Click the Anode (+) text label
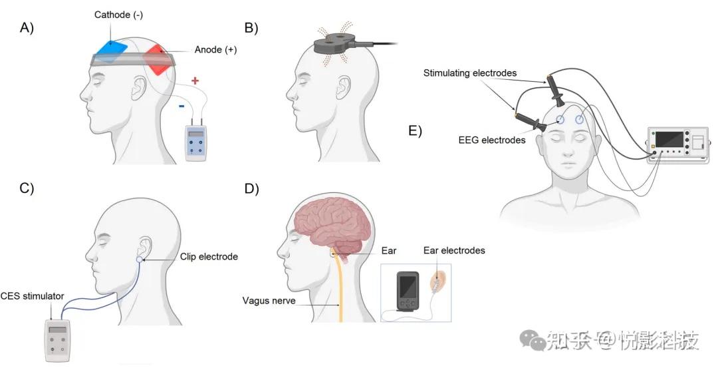coord(215,50)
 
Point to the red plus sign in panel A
coord(195,81)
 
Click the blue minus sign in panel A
coord(181,105)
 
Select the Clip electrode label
coord(209,257)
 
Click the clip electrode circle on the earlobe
coord(139,259)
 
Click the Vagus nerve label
coord(269,301)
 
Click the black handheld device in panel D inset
coord(407,290)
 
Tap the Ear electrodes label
coord(454,250)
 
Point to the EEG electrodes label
coord(491,140)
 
